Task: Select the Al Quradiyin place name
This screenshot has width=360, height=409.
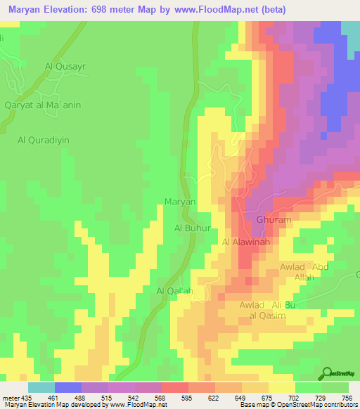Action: pos(44,140)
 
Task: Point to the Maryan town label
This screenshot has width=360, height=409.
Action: pos(179,202)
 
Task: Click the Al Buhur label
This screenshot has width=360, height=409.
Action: pos(192,228)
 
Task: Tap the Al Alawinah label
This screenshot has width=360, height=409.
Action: pos(246,242)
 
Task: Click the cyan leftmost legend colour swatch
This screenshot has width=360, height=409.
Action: pos(41,387)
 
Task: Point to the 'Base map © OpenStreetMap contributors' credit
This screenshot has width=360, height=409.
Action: pos(296,405)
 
